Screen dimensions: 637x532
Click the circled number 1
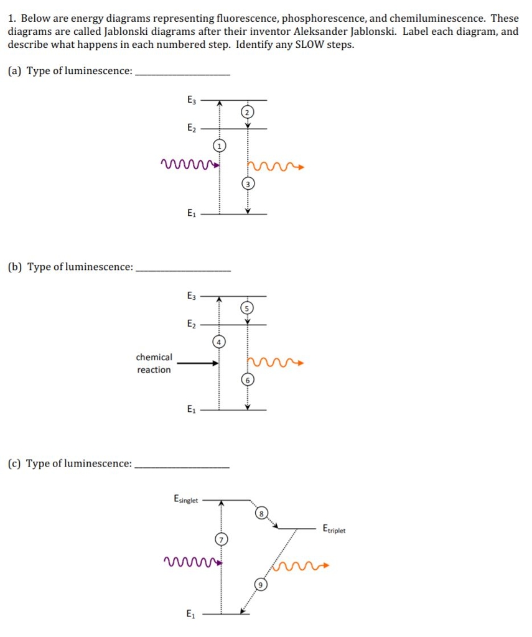pos(218,146)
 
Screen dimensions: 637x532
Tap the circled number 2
pos(248,113)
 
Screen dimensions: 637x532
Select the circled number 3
pos(248,185)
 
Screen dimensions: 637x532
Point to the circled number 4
pos(218,341)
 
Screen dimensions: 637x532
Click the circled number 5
pos(248,308)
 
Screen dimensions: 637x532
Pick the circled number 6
pos(248,380)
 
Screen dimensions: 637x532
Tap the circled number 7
pos(218,539)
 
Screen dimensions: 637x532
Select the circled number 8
pos(262,513)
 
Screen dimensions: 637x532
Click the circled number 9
pos(262,585)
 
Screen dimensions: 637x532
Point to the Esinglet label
pos(185,499)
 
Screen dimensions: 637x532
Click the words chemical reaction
pos(154,363)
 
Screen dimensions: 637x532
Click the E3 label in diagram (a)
pos(191,99)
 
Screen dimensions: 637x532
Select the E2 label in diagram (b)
pos(191,324)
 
